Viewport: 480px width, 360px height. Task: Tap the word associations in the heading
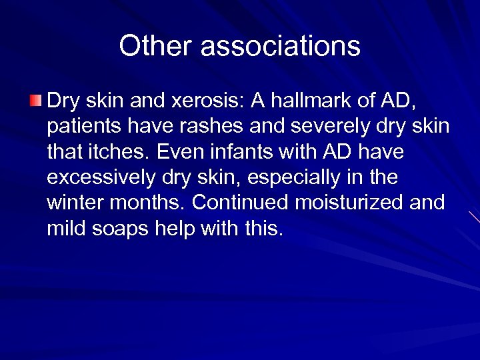280,47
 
